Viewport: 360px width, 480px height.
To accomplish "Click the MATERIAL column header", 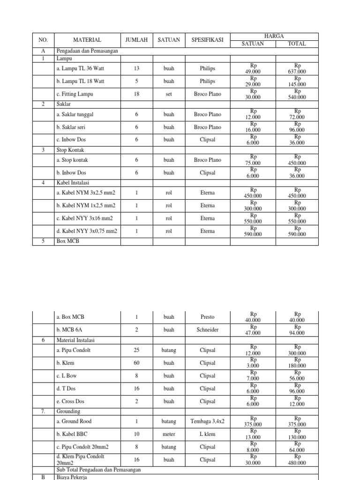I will [x=87, y=40].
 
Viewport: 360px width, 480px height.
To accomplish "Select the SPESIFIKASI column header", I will [x=207, y=40].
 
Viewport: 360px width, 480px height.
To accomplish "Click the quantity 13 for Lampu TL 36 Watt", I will [x=136, y=68].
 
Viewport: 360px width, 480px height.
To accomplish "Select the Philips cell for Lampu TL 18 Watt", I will [x=207, y=81].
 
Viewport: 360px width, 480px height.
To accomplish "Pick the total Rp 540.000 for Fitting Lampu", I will [x=297, y=94].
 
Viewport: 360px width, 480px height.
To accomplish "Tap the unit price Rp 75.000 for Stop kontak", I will [x=253, y=160].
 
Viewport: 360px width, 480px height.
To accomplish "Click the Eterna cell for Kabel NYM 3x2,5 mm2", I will [x=207, y=193].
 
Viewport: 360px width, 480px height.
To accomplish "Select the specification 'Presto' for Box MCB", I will [x=207, y=317].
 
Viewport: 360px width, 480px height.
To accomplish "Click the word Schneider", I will [x=207, y=330].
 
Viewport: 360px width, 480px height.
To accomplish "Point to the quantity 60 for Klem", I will [x=136, y=363].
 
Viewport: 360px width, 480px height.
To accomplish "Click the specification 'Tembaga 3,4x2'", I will [x=207, y=421].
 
